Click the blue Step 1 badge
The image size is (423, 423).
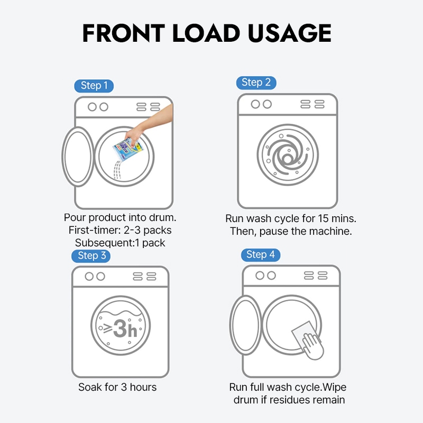tap(94, 86)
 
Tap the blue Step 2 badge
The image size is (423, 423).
tap(256, 82)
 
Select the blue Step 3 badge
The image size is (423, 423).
tap(91, 256)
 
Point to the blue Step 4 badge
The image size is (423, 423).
tap(261, 255)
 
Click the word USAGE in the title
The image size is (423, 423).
tap(289, 33)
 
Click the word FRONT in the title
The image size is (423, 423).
tap(124, 33)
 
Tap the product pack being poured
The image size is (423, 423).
tap(128, 149)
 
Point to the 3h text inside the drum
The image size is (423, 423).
tap(125, 328)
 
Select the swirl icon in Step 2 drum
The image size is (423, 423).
tap(288, 155)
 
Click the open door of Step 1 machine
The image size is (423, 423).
tap(78, 157)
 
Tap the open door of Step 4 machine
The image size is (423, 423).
tap(245, 325)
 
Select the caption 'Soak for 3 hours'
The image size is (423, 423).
tap(117, 387)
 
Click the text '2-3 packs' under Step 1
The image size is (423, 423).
tap(148, 231)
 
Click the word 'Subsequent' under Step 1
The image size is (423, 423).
tap(104, 243)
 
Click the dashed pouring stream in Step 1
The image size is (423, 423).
tap(117, 170)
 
